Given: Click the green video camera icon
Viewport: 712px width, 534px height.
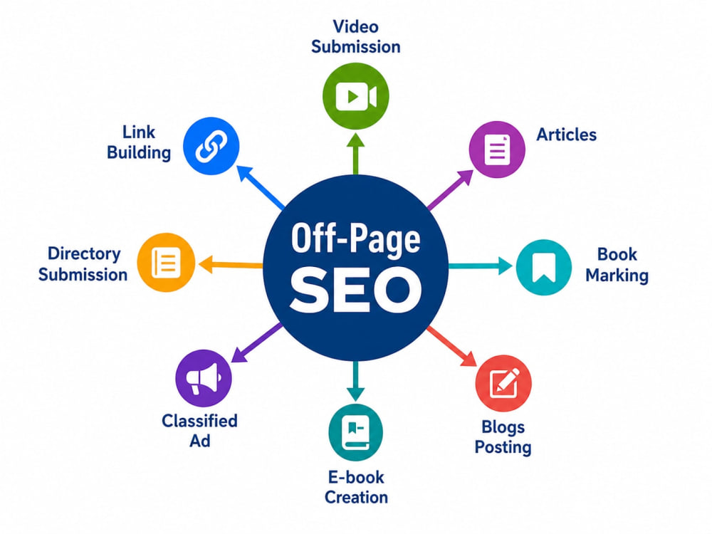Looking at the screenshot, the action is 356,96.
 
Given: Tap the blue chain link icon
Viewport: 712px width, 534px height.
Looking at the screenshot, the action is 211,146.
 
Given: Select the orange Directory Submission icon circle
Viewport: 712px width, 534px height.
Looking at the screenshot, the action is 166,263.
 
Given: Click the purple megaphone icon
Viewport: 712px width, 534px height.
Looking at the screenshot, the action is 204,378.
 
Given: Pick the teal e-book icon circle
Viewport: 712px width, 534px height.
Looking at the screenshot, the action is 355,433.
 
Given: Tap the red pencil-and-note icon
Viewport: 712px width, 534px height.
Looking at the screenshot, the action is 504,383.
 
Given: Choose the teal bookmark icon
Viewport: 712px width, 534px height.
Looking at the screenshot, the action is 543,267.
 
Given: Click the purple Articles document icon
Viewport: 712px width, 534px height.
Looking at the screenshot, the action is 497,150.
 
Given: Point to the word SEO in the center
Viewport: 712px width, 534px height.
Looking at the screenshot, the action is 356,289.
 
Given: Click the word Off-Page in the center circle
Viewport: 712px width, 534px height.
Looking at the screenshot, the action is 355,239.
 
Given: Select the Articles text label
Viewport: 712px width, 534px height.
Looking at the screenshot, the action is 566,135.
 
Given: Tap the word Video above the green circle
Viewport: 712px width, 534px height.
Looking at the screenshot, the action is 355,26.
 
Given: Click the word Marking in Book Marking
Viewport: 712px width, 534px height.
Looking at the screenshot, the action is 617,275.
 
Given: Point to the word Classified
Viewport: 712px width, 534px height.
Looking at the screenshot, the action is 200,421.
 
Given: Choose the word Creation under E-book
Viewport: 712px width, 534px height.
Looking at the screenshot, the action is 357,497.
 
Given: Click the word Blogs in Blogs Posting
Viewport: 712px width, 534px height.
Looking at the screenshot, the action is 503,426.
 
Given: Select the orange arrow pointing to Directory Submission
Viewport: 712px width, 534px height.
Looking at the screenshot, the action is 231,264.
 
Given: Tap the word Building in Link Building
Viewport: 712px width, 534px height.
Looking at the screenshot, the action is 139,152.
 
